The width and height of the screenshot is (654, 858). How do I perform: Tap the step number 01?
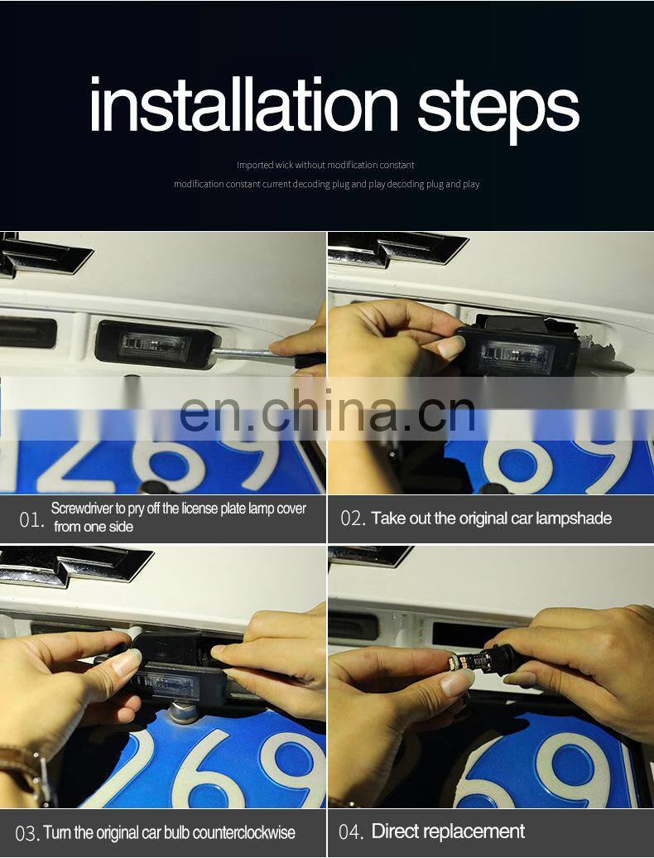click(31, 519)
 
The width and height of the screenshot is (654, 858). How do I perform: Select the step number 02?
click(353, 518)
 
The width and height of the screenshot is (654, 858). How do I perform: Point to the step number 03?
click(28, 834)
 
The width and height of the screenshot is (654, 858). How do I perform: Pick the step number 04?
click(351, 831)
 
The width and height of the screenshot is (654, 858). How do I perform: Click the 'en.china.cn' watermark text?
click(327, 411)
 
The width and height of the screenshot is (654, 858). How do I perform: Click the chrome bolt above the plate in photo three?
click(184, 712)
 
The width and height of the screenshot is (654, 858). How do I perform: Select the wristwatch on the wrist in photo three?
click(25, 773)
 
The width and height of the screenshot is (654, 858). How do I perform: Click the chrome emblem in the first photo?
click(45, 255)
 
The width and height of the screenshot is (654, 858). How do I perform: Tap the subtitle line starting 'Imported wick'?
click(325, 165)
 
